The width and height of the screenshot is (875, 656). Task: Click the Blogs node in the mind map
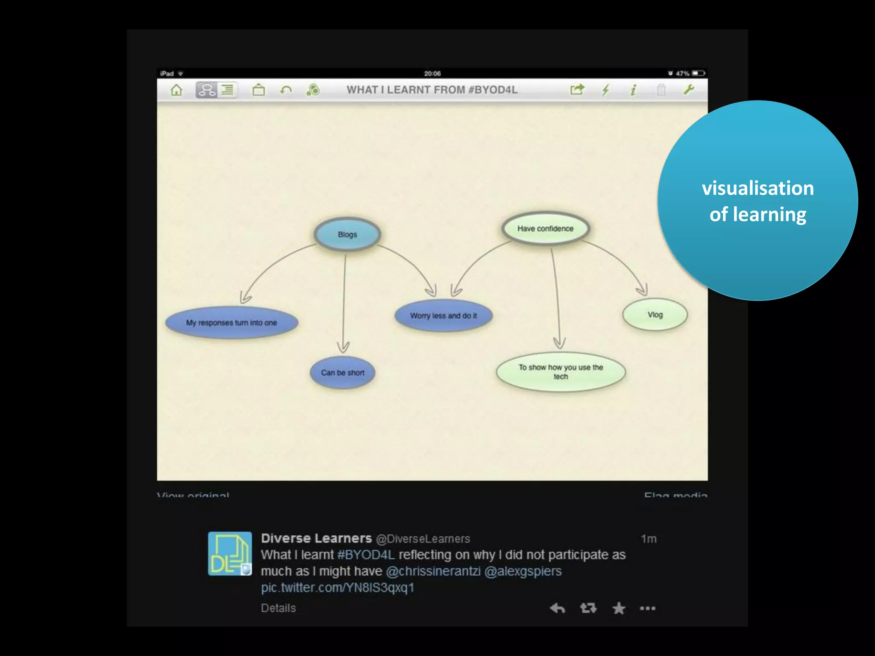point(347,234)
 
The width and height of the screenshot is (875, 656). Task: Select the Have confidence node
point(545,228)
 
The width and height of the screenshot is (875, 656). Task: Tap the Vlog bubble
point(655,315)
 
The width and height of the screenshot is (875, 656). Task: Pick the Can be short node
point(343,372)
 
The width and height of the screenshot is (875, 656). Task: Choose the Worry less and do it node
point(443,316)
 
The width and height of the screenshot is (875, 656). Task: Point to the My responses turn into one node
point(232,323)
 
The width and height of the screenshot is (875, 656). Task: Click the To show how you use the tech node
point(561,372)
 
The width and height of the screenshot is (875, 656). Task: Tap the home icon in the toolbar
point(176,90)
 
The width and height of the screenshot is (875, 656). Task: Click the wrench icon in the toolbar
point(688,90)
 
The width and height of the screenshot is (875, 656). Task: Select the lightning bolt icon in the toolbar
point(605,90)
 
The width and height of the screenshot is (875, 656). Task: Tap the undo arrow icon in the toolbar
point(286,90)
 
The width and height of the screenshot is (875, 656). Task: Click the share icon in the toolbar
point(577,90)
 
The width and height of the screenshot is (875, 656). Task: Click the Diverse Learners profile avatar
point(230,553)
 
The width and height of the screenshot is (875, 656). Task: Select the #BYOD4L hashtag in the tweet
point(366,555)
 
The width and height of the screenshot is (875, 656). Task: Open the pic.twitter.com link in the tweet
point(338,588)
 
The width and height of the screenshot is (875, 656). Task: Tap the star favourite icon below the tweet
point(618,608)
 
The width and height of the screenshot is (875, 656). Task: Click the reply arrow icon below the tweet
point(557,608)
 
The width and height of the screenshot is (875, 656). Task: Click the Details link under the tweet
point(278,608)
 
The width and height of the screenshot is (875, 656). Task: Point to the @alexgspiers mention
point(523,571)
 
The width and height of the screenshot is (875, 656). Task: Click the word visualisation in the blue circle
point(758,188)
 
